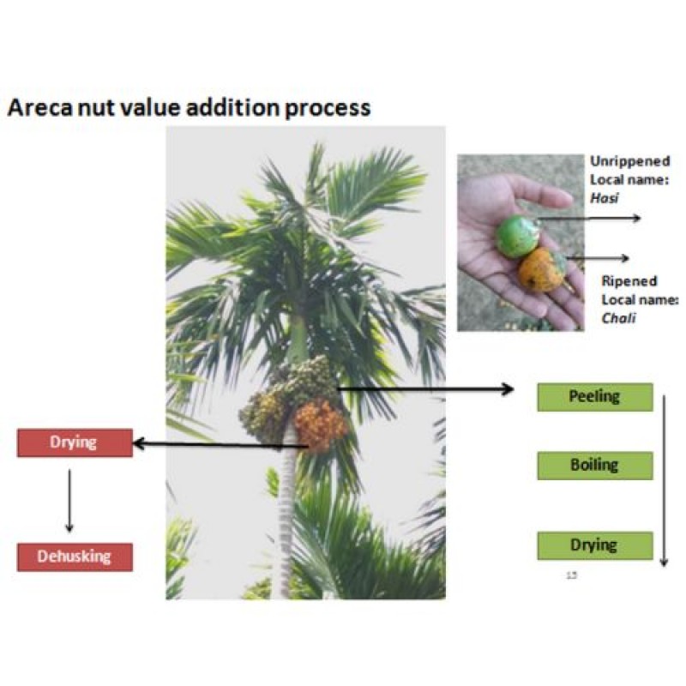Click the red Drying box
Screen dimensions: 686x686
coord(75,442)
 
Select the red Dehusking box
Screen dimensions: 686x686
coord(75,557)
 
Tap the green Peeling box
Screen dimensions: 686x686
coord(595,397)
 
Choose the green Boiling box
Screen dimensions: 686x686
coord(595,466)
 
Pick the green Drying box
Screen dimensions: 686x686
coord(595,545)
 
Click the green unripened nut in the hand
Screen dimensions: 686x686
coord(518,237)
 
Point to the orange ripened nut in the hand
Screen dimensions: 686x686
coord(542,269)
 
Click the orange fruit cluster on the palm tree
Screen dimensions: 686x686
coord(321,424)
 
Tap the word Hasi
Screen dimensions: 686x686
coord(605,198)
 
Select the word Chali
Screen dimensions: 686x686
coord(618,318)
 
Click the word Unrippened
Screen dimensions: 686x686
coord(630,161)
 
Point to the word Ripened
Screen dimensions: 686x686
coord(629,280)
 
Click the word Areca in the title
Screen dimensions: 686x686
coord(39,107)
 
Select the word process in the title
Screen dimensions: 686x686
coord(328,109)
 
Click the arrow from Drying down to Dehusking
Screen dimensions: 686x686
coord(69,501)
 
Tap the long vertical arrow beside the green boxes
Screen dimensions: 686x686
coord(664,481)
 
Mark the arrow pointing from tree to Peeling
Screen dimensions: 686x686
coord(425,388)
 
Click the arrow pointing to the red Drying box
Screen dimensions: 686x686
coord(221,445)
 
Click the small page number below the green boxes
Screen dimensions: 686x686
coord(571,575)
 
